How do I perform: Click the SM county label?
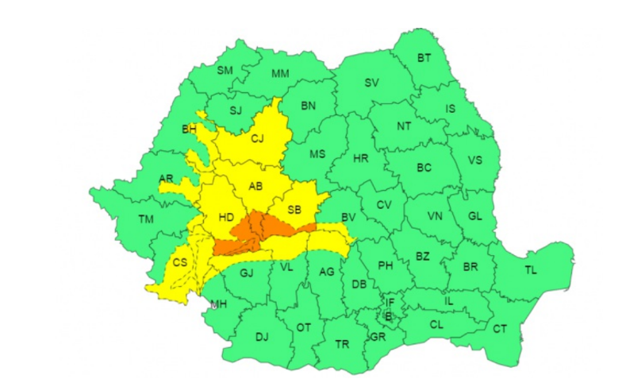click(x=225, y=71)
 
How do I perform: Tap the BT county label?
click(x=424, y=57)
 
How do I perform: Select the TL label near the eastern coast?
click(x=530, y=270)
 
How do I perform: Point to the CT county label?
click(x=500, y=328)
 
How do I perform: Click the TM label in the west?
click(x=145, y=219)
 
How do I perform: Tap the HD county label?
click(x=225, y=216)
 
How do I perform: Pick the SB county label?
click(x=294, y=210)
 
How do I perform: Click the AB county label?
click(x=255, y=187)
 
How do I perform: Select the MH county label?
click(x=218, y=304)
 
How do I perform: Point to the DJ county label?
click(x=262, y=337)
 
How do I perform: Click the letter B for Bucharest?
click(x=388, y=316)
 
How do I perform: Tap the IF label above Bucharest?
click(x=389, y=302)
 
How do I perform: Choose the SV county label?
click(x=371, y=83)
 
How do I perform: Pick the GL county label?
click(x=475, y=216)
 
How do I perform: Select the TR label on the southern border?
click(x=342, y=344)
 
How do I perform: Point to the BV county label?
click(x=348, y=216)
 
